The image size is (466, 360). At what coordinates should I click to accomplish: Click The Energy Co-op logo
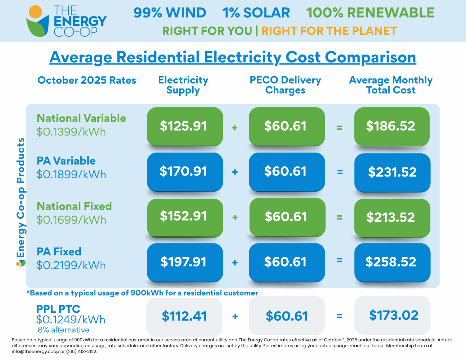[x=66, y=21]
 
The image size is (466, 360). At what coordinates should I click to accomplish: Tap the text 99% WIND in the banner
[x=170, y=13]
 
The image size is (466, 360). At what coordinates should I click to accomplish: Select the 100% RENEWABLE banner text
[x=370, y=13]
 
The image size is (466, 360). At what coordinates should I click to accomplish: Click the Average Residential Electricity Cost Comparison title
[x=233, y=57]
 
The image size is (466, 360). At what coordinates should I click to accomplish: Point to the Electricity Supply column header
[x=183, y=85]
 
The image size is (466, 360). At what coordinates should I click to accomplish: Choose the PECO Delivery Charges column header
[x=285, y=85]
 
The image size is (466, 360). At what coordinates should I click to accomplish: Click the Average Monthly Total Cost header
[x=391, y=85]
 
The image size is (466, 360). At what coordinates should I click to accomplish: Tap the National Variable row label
[x=81, y=118]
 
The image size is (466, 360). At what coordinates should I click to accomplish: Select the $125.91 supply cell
[x=185, y=126]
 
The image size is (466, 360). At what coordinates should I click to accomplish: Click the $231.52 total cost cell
[x=392, y=172]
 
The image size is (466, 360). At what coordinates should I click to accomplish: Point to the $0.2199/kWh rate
[x=71, y=266]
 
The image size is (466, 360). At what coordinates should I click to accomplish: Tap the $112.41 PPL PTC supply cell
[x=184, y=316]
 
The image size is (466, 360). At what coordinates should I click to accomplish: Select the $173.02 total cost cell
[x=393, y=315]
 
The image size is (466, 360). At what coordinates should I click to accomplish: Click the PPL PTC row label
[x=58, y=309]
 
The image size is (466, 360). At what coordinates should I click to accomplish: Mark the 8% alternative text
[x=63, y=330]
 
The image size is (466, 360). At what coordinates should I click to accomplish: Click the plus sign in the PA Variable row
[x=235, y=172]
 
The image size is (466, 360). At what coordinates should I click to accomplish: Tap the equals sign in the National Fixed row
[x=340, y=217]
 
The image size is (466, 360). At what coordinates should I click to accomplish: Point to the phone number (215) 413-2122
[x=81, y=352]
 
